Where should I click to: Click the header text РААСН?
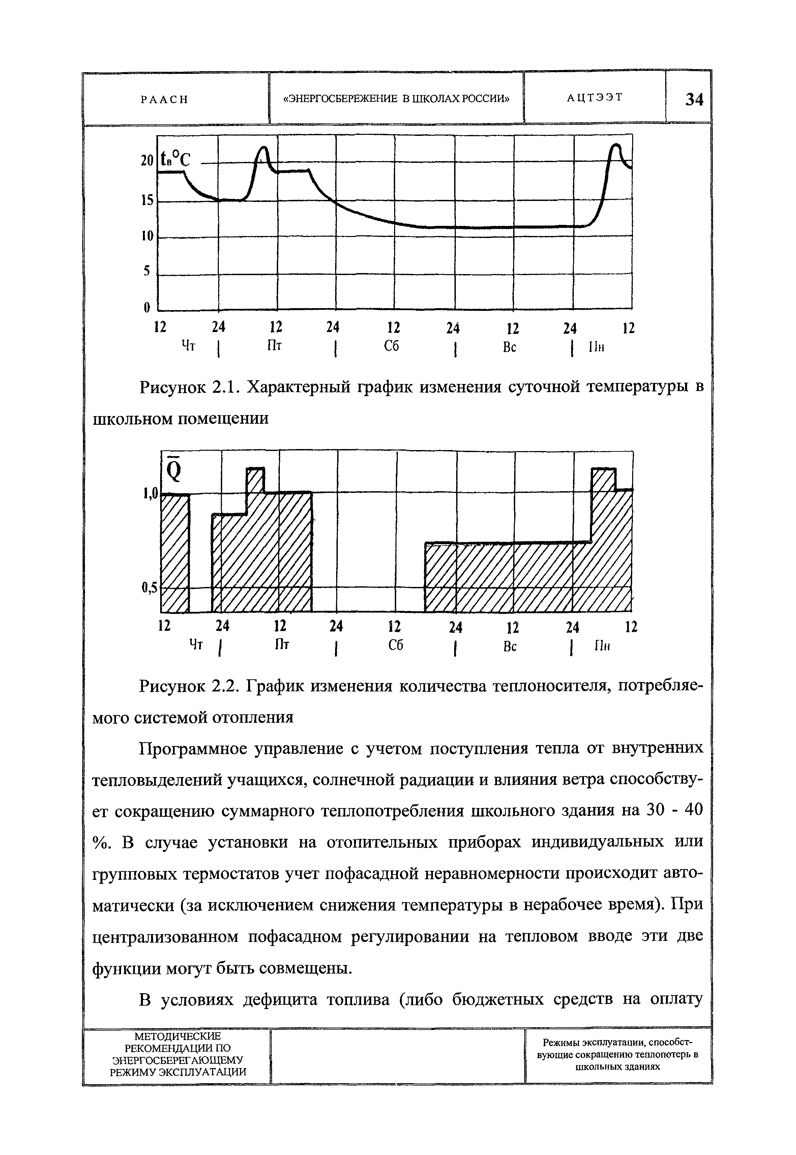click(165, 99)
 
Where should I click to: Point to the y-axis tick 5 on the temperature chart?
click(147, 271)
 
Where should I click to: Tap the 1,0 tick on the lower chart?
click(150, 493)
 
